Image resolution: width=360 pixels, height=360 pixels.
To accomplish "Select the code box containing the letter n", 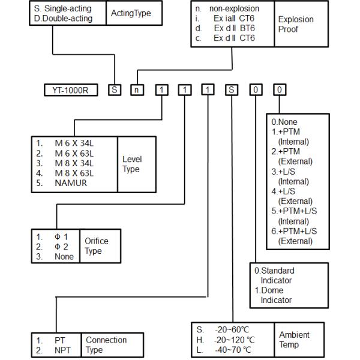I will point(137,91).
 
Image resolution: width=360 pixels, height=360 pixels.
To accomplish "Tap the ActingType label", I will point(128,13).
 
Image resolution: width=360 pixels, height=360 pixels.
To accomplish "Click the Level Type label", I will point(131,164).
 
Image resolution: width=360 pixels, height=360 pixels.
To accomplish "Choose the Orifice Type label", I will point(97,246).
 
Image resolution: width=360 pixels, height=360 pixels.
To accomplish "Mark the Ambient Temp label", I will point(294,340).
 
